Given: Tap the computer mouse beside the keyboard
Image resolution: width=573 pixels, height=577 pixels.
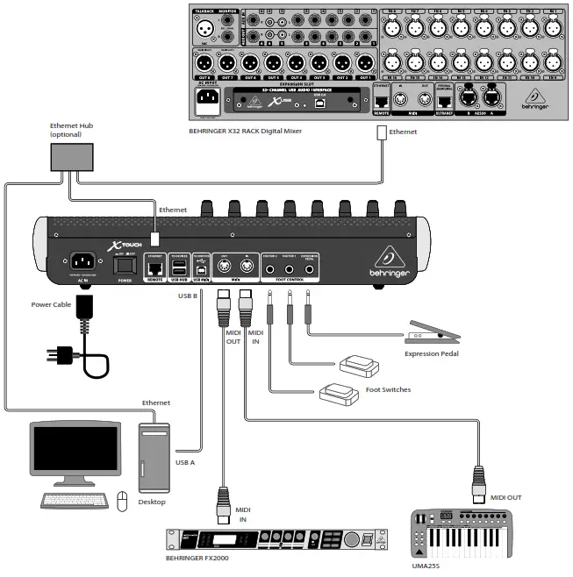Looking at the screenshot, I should tap(123, 500).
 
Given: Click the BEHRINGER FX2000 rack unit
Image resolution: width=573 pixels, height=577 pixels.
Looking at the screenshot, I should tap(277, 540).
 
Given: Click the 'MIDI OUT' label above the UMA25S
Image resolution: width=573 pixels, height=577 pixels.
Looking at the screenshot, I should tap(505, 498).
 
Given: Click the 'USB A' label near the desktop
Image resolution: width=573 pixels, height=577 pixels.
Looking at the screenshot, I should tap(186, 462).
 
